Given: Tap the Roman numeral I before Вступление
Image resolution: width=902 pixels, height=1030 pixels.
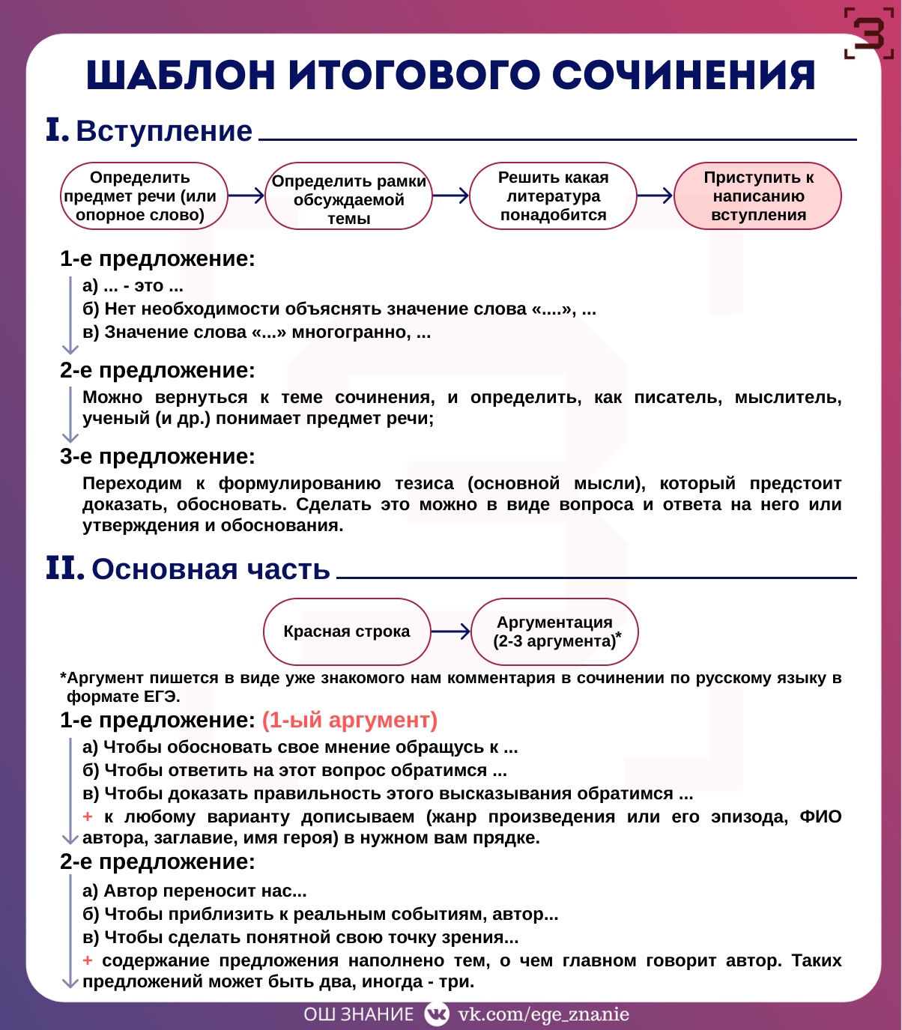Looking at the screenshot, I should tap(56, 130).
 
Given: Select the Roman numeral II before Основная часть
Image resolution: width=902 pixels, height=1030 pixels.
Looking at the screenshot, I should tap(64, 569).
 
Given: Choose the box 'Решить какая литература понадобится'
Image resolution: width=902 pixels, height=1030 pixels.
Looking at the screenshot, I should tap(553, 196).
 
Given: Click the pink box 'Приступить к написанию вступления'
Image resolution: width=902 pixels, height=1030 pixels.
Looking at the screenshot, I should tap(757, 196).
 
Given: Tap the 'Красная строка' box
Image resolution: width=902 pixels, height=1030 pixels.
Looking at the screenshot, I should tap(347, 631).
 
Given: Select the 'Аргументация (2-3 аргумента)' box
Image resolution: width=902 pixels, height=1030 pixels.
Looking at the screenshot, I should tap(554, 631).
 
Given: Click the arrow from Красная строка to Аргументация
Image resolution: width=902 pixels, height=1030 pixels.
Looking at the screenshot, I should tap(451, 631).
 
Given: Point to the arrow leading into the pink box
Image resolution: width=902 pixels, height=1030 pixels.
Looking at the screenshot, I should tap(655, 196).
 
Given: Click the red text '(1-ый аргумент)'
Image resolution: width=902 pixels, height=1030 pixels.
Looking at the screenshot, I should tap(349, 720).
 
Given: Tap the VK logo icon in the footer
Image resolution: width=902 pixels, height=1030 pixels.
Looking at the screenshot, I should tap(436, 1014).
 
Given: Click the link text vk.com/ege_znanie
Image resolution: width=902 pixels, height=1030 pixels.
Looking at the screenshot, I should tap(543, 1014).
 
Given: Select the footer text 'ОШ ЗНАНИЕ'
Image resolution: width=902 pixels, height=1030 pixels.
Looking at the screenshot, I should tap(358, 1014).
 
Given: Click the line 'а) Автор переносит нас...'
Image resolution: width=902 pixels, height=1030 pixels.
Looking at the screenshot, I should tap(195, 891).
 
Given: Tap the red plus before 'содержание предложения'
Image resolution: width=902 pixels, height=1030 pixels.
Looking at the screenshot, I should tap(88, 960).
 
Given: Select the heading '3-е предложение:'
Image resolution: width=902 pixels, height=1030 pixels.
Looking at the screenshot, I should tap(157, 456).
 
